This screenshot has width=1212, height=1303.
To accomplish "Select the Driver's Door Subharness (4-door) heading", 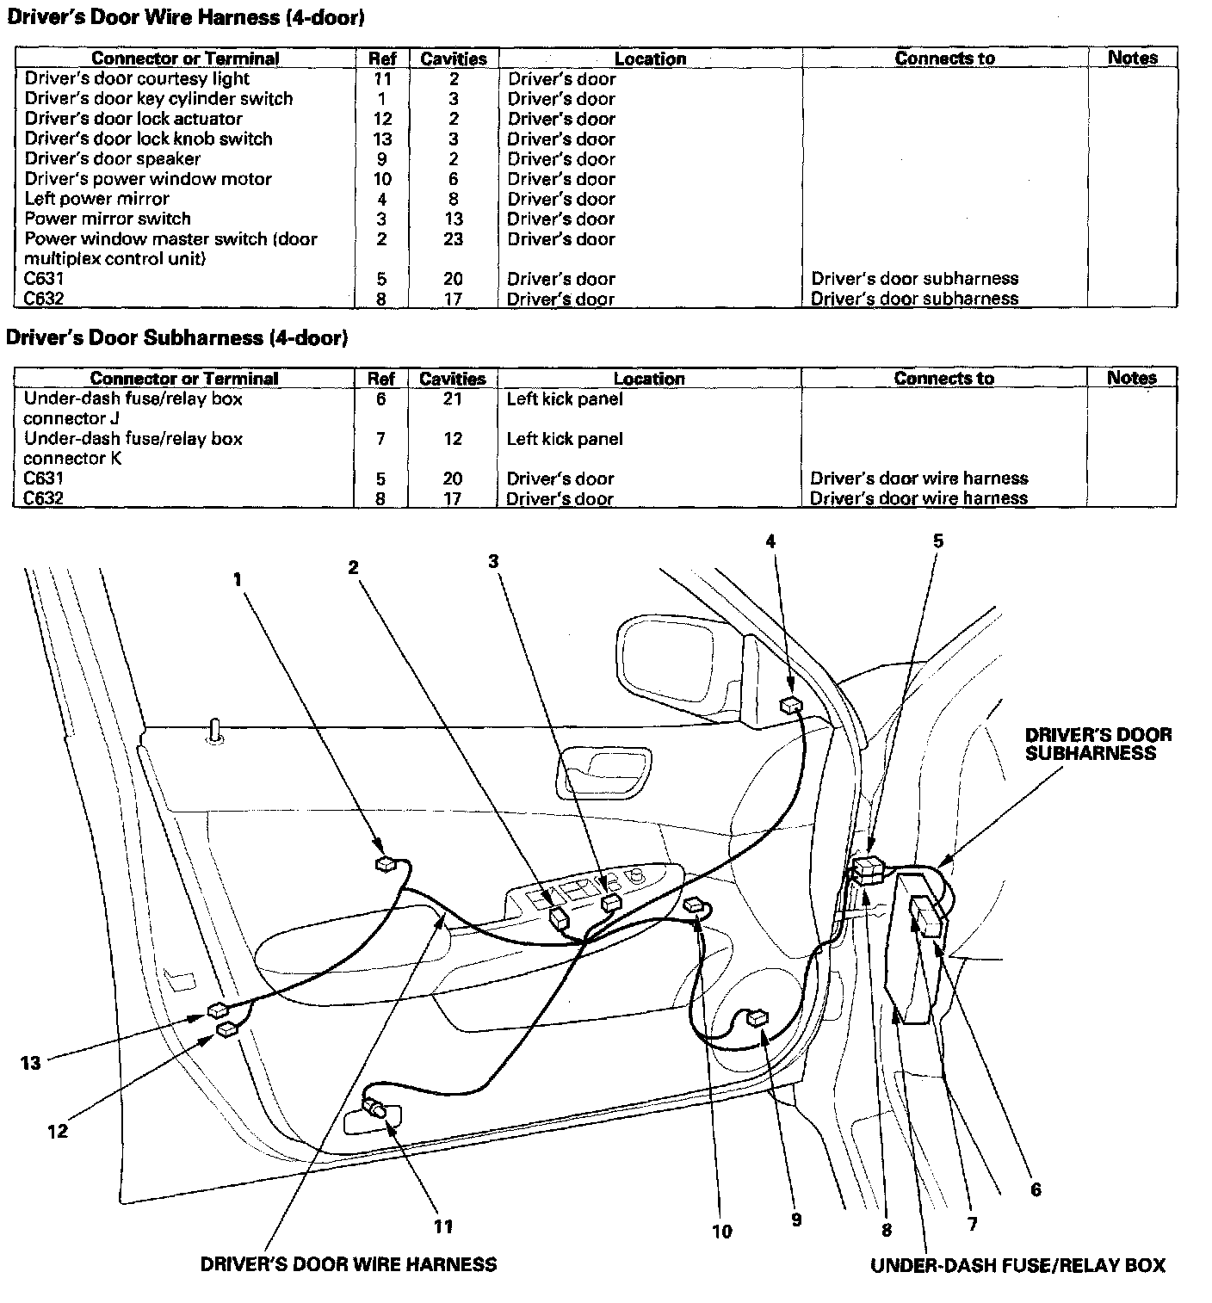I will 177,337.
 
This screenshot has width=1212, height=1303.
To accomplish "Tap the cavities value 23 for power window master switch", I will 454,239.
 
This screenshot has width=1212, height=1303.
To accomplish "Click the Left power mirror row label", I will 96,199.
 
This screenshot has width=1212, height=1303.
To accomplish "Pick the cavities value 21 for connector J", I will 453,399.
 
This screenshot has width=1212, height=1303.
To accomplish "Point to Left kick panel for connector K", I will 565,439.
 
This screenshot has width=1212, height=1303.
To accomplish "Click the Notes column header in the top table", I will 1132,58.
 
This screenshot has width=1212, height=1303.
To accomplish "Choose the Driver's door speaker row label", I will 112,159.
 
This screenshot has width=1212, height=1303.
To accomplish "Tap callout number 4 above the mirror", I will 770,541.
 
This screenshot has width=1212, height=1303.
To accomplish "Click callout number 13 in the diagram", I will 31,1063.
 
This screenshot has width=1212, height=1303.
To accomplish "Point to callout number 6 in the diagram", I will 1036,1189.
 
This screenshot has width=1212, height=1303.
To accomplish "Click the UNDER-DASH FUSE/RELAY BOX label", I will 1017,1265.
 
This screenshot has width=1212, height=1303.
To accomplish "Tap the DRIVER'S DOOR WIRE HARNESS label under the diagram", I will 348,1264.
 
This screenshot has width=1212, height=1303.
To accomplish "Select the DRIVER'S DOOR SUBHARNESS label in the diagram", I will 1098,744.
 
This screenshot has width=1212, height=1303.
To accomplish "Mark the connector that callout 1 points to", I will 386,864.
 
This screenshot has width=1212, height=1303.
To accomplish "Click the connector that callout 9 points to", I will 757,1018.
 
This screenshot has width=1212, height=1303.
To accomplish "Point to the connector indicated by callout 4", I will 790,706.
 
